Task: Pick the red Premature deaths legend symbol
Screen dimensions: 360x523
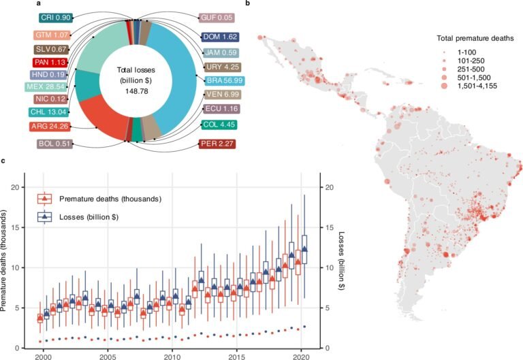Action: pyautogui.click(x=46, y=199)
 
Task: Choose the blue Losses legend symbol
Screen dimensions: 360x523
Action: pyautogui.click(x=46, y=216)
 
